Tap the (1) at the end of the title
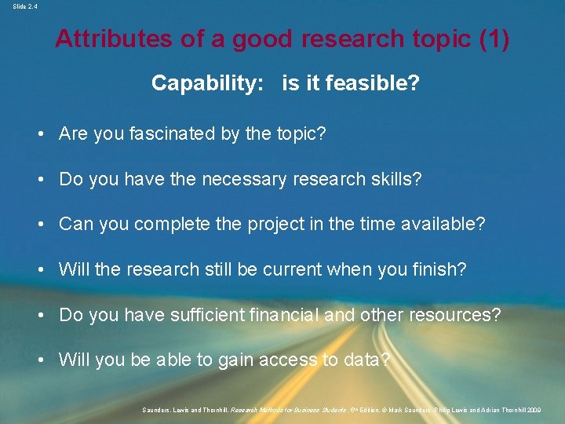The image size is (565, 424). click(x=493, y=39)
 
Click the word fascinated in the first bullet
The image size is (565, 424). click(x=168, y=134)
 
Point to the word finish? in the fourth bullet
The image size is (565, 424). click(x=438, y=269)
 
